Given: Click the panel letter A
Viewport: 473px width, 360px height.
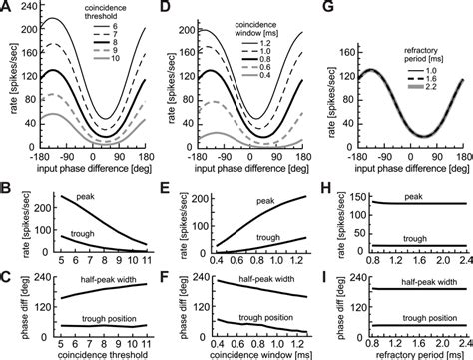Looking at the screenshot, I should [7, 8].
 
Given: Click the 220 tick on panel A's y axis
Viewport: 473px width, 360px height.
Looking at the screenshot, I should [30, 10].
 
